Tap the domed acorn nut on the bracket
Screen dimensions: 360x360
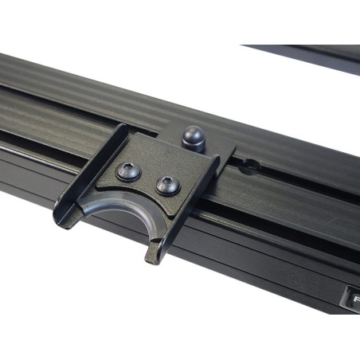point(194,138)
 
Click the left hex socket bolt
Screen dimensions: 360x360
point(128,170)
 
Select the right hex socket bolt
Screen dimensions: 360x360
point(167,186)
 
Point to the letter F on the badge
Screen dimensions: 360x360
point(354,301)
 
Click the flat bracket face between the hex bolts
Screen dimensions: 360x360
point(148,178)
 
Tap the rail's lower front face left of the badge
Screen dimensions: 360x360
point(263,271)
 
